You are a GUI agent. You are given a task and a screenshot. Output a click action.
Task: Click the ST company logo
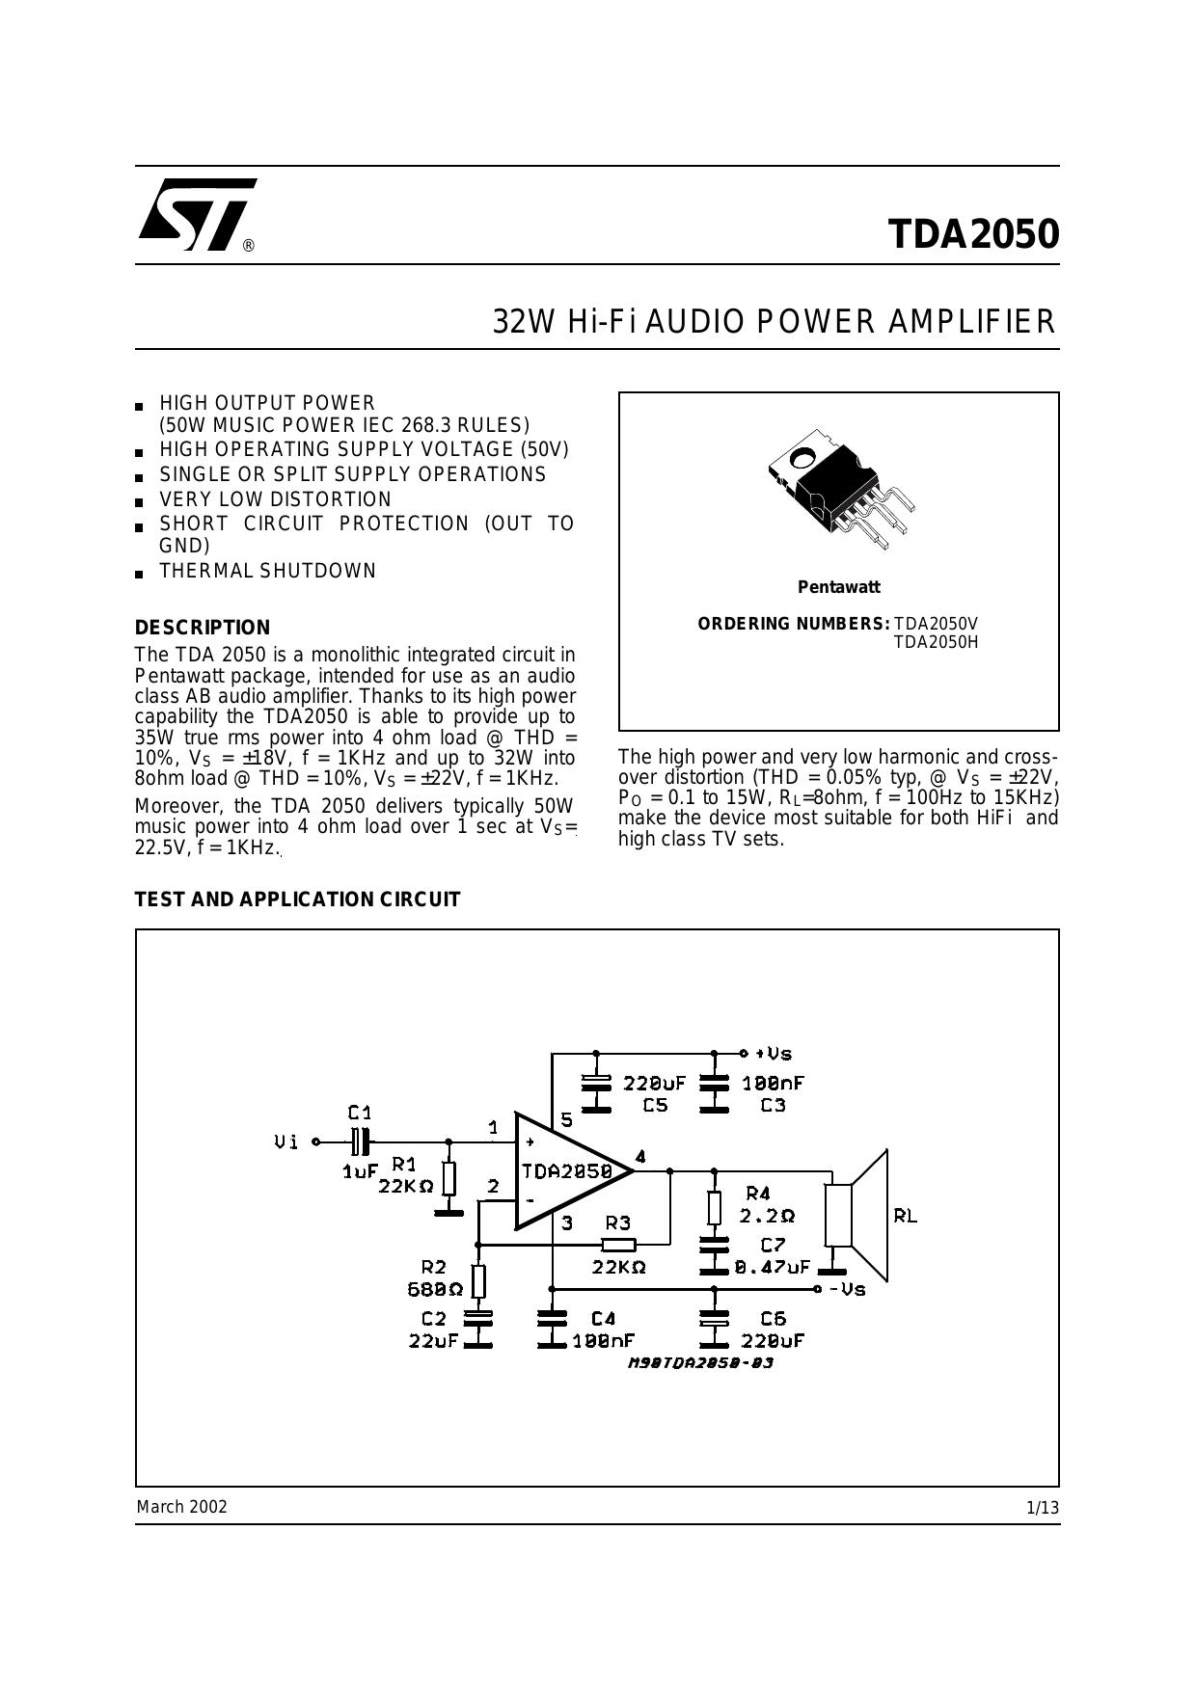click(198, 214)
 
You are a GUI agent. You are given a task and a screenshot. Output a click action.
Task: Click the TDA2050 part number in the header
click(973, 234)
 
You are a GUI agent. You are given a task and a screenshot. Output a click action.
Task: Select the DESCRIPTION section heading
click(203, 628)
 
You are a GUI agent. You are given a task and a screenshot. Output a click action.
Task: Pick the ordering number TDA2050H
click(936, 642)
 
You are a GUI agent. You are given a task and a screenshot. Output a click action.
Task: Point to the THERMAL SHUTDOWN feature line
click(268, 571)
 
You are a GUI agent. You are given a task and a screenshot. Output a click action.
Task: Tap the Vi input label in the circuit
click(286, 1142)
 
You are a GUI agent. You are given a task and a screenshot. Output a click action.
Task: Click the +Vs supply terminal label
click(774, 1054)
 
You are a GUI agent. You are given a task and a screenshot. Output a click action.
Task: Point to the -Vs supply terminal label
click(848, 1289)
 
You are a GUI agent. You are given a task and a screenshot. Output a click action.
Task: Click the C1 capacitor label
click(360, 1113)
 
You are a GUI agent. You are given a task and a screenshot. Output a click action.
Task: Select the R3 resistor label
click(617, 1222)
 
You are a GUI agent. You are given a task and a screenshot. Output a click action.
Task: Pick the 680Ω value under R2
click(435, 1289)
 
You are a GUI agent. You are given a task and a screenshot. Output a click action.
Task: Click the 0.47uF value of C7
click(773, 1268)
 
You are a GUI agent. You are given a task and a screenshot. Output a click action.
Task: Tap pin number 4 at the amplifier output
click(640, 1156)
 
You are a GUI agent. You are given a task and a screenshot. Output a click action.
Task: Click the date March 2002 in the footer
click(182, 1507)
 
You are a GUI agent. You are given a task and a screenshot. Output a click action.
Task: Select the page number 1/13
click(1043, 1508)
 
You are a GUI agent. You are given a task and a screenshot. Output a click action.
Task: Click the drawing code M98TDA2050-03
click(701, 1363)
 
